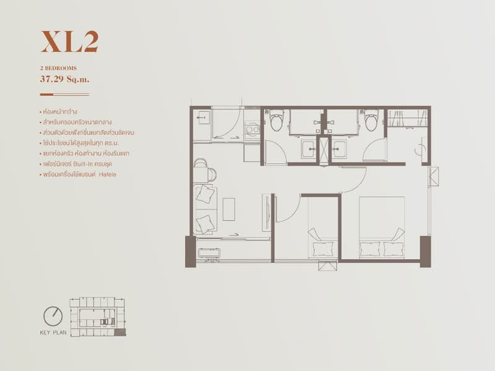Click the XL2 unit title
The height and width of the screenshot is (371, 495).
69,41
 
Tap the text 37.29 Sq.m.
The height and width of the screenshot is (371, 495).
65,79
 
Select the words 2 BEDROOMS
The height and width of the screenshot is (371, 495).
58,68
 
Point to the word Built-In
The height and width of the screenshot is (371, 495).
83,164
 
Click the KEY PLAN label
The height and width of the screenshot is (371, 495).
53,333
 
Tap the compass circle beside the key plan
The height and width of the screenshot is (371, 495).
53,316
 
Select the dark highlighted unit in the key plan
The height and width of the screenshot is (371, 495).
120,332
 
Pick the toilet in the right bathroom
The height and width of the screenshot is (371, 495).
371,120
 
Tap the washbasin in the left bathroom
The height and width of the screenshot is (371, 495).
308,149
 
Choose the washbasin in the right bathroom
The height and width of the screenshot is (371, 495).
339,149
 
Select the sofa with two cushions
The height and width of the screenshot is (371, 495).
205,209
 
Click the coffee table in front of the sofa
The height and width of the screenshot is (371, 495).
229,209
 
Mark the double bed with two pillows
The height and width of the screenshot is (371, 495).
382,227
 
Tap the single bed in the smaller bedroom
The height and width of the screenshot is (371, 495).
323,227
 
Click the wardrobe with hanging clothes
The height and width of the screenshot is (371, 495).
407,118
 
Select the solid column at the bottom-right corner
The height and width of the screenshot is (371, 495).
425,252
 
